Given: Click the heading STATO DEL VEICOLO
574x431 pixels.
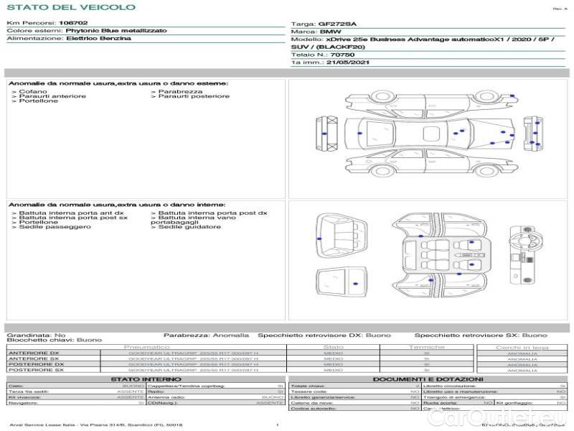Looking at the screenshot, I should point(70,7).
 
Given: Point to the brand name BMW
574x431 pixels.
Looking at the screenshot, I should point(330,32).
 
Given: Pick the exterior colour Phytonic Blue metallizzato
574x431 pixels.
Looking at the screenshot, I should point(116,31).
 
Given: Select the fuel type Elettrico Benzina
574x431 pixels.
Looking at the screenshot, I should point(98,39).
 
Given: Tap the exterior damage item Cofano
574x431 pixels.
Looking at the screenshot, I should point(33,91).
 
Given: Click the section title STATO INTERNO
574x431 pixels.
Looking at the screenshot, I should point(146,379).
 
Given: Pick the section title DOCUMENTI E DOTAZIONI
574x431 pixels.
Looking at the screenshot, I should point(428,379).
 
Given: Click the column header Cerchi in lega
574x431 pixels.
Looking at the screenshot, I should point(522,347).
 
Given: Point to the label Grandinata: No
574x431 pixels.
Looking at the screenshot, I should point(36,335).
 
